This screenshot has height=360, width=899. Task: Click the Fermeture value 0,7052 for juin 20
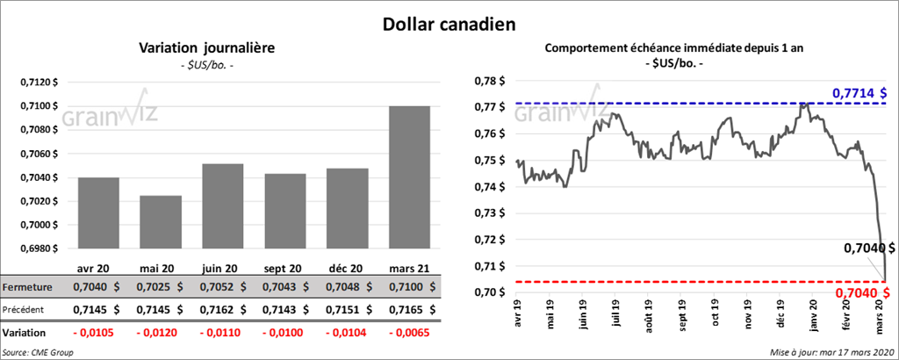click(222, 287)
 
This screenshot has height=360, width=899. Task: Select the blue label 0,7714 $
click(859, 92)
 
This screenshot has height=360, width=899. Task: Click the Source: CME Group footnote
click(38, 351)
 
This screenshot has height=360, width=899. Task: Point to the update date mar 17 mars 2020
click(831, 351)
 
